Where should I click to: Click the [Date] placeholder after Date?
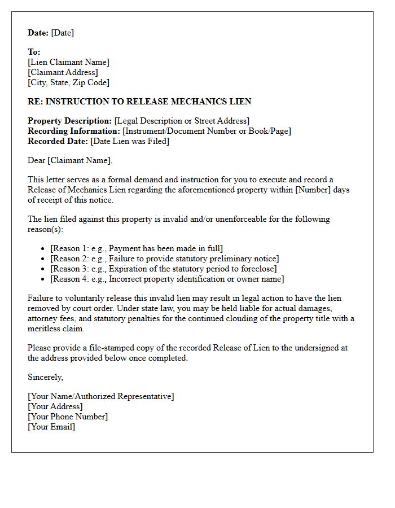62,33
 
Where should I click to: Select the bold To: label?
34,52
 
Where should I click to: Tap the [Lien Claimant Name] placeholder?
68,62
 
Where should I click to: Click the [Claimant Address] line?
63,72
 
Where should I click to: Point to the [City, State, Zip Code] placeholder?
68,82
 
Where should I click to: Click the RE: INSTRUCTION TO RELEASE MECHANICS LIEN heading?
139,102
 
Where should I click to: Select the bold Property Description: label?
69,121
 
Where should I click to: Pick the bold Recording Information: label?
74,131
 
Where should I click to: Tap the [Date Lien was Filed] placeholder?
129,141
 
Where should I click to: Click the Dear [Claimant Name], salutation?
70,160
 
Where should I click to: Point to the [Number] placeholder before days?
313,190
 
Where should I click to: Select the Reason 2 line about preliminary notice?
164,259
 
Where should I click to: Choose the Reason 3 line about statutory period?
163,269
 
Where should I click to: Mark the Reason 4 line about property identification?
167,279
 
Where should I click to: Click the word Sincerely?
45,377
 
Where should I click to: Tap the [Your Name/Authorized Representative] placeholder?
100,396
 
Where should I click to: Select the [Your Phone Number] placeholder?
67,417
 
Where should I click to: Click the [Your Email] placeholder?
51,427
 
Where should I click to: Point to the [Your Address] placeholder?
55,406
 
